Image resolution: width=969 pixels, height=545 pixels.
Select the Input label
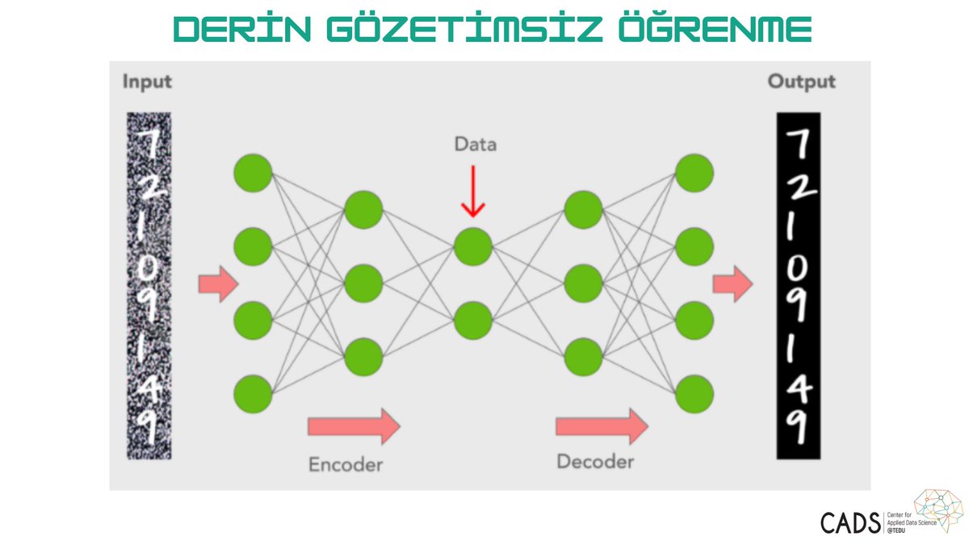click(147, 82)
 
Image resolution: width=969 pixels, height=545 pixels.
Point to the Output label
click(801, 82)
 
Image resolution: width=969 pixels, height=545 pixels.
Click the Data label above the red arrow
click(475, 145)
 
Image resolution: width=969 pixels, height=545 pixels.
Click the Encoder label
click(346, 464)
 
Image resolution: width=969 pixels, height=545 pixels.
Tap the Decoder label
click(595, 462)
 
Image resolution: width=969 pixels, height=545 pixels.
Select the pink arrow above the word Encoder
click(354, 425)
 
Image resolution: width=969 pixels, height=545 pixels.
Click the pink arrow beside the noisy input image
click(218, 285)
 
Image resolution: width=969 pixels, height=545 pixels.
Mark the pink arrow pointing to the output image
click(732, 285)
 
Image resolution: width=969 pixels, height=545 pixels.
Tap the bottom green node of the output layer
click(694, 394)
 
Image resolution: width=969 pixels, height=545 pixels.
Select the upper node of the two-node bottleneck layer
click(473, 247)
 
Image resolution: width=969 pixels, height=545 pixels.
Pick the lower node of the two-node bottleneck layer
click(473, 320)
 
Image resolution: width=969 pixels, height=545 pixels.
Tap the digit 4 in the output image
click(799, 392)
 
